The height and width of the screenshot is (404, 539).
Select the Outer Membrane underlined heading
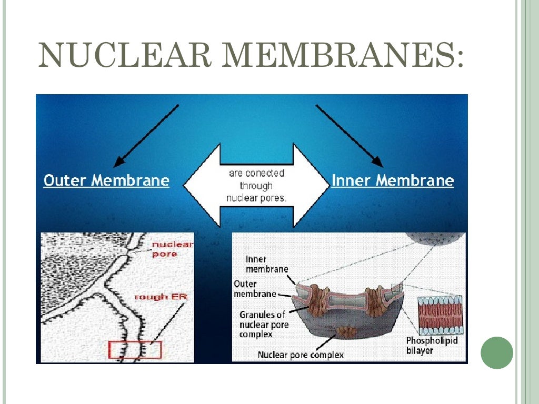point(106,181)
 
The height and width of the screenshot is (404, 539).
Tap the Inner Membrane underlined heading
point(393,181)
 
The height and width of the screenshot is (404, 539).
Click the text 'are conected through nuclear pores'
point(256,186)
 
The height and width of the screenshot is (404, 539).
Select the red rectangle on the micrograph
point(135,350)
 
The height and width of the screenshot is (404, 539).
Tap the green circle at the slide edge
point(497,352)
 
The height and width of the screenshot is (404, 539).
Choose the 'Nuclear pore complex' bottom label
point(301,355)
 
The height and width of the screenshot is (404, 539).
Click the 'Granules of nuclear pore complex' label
point(263,324)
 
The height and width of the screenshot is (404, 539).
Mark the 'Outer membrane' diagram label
point(255,289)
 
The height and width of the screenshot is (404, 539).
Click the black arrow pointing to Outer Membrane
point(146,135)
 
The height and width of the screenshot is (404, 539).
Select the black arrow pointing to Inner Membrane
point(350,135)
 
